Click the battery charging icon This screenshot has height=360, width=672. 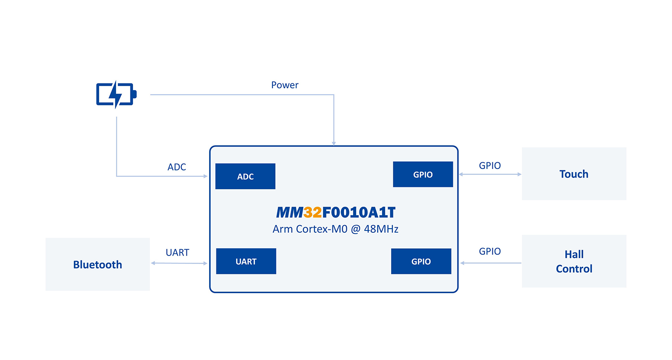pyautogui.click(x=116, y=95)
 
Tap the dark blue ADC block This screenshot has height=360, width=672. pyautogui.click(x=245, y=176)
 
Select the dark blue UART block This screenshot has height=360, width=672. pyautogui.click(x=246, y=261)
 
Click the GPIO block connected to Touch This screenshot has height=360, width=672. pyautogui.click(x=423, y=174)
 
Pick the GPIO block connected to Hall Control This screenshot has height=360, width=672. pyautogui.click(x=421, y=261)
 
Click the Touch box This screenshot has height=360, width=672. pyautogui.click(x=574, y=174)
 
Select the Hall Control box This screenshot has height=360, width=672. pyautogui.click(x=574, y=261)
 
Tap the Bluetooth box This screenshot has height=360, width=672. pyautogui.click(x=98, y=265)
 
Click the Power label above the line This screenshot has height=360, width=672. pyautogui.click(x=285, y=85)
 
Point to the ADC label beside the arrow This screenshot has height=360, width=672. pyautogui.click(x=177, y=167)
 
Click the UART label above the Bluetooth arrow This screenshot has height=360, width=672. pyautogui.click(x=177, y=252)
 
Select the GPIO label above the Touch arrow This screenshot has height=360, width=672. pyautogui.click(x=490, y=165)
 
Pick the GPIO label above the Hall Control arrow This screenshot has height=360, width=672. pyautogui.click(x=490, y=252)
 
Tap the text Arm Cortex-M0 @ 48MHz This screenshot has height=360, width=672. pyautogui.click(x=335, y=229)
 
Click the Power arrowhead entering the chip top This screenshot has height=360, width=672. pyautogui.click(x=334, y=143)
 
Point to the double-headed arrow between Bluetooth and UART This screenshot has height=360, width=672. pyautogui.click(x=179, y=263)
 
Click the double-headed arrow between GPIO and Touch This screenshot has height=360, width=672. pyautogui.click(x=491, y=174)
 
